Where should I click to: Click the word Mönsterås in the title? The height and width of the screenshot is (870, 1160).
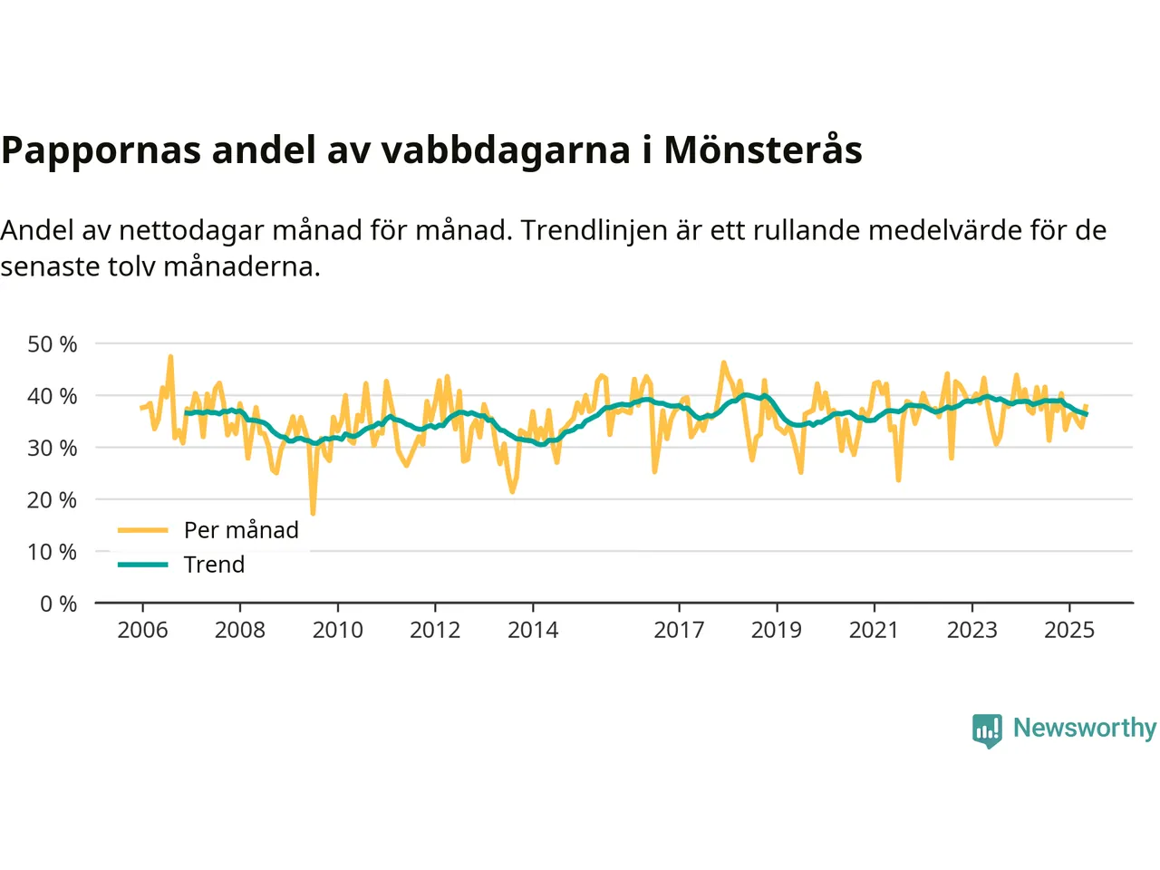762,150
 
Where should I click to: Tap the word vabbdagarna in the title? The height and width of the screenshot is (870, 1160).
505,150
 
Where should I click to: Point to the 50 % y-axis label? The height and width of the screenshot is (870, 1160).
53,344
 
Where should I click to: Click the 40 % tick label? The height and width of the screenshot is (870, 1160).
53,396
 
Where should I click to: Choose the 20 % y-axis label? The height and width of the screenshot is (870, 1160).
53,499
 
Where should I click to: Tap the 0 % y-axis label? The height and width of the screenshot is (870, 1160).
58,604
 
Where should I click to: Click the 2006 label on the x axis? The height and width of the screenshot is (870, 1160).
142,630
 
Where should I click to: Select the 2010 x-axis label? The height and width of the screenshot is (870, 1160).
337,630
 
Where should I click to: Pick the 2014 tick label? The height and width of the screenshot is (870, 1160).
533,630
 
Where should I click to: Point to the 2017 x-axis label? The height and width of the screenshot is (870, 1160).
679,630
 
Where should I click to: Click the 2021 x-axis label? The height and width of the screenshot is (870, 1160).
874,630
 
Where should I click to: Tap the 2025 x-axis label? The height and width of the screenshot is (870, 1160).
1069,630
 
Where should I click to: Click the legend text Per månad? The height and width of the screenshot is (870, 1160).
241,530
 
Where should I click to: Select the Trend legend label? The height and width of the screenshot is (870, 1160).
214,565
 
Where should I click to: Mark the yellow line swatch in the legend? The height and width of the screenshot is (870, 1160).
143,530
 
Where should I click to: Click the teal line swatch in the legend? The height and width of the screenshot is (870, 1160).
143,565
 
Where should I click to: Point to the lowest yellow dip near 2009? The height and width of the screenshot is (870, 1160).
313,513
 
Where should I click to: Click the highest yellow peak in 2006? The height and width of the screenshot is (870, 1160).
170,357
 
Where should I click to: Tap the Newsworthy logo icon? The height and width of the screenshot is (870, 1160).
987,730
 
